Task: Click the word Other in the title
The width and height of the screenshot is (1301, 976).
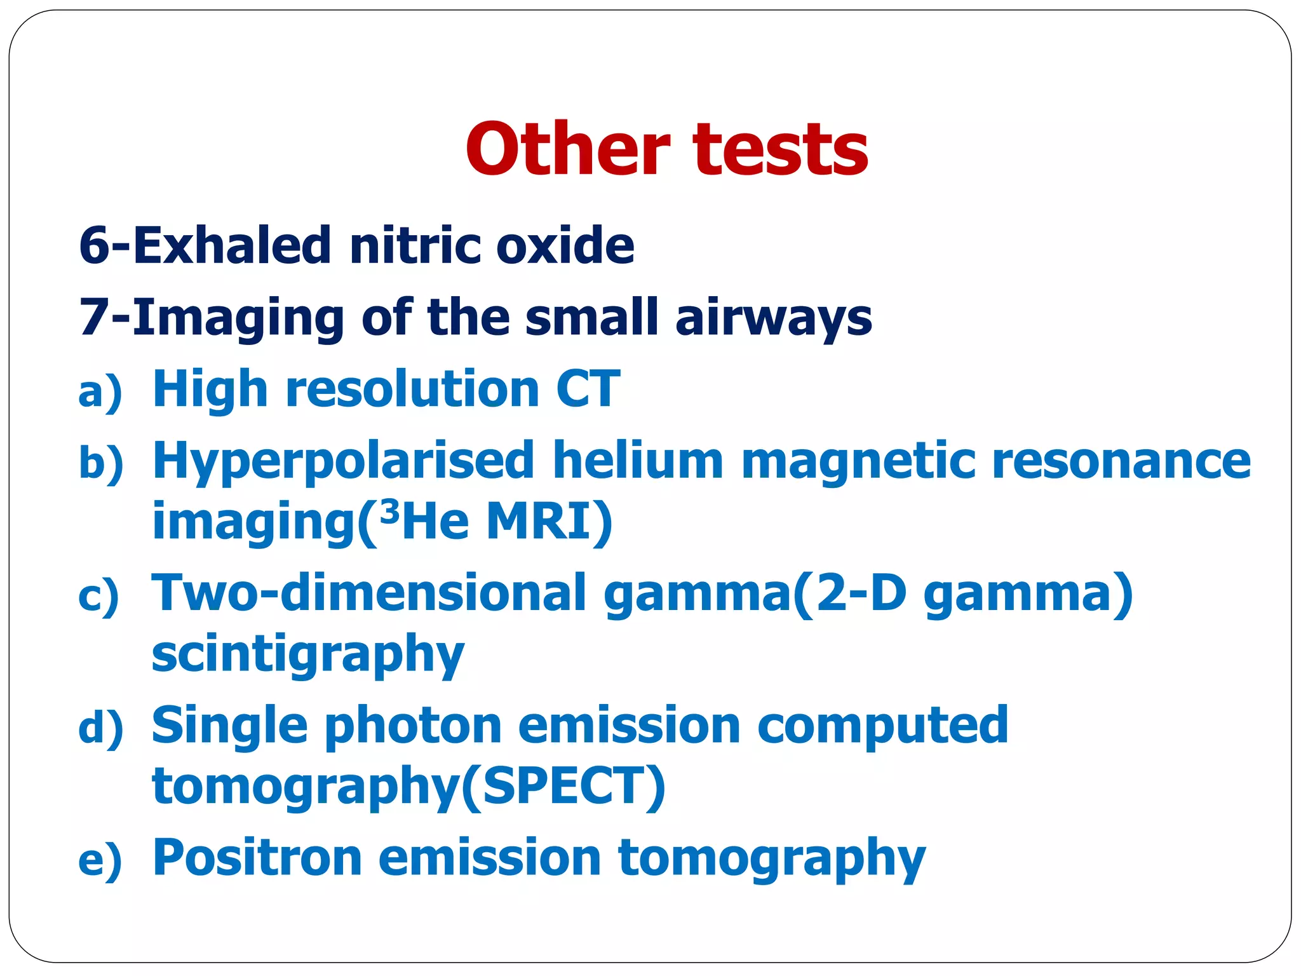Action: [567, 149]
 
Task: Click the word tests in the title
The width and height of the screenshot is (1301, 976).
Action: [781, 151]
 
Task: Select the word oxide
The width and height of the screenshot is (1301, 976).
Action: [565, 245]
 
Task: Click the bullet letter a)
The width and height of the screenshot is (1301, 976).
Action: [100, 391]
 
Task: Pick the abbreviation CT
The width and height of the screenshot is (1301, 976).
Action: [588, 389]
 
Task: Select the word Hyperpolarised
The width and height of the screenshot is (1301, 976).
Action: [343, 461]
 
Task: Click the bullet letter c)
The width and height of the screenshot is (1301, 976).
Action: [98, 596]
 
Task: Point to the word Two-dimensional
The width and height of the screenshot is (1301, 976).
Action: [368, 593]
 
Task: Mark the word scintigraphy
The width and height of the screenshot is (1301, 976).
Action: [308, 654]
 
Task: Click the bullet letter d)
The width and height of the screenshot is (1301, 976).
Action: [100, 728]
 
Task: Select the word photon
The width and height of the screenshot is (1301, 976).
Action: [413, 727]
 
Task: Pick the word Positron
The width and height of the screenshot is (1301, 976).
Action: [257, 858]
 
